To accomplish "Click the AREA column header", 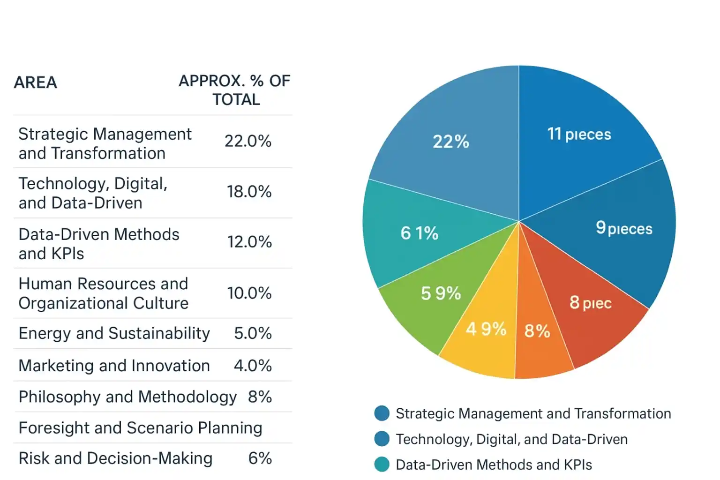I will pyautogui.click(x=36, y=82).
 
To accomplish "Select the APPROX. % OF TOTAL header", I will pyautogui.click(x=234, y=90).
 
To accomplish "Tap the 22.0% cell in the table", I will pyautogui.click(x=247, y=141).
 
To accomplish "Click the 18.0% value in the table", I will pyautogui.click(x=249, y=192).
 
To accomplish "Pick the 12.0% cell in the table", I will pyautogui.click(x=249, y=242).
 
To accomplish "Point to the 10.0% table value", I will pyautogui.click(x=249, y=293).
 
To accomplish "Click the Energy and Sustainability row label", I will pyautogui.click(x=114, y=333).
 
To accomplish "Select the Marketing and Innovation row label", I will pyautogui.click(x=114, y=366).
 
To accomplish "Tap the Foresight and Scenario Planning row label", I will pyautogui.click(x=140, y=428).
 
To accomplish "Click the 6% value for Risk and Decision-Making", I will pyautogui.click(x=260, y=458).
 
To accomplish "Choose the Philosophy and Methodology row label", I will pyautogui.click(x=127, y=397).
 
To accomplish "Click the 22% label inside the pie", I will pyautogui.click(x=450, y=142).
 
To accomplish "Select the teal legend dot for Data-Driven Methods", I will pyautogui.click(x=382, y=465).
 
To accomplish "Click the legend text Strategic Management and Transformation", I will pyautogui.click(x=533, y=413).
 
